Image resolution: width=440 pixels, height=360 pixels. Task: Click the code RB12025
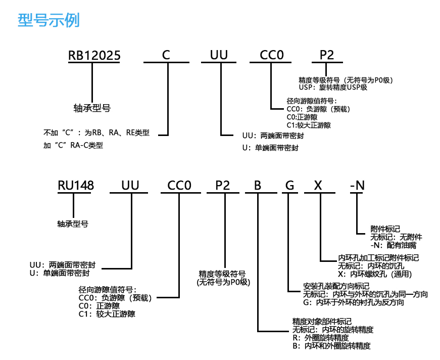94,55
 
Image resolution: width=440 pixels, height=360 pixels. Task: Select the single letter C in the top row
166,55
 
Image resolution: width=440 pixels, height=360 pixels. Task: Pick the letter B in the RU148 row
258,186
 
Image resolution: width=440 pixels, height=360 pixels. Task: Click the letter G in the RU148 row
289,186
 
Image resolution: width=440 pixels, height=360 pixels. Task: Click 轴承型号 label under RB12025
92,108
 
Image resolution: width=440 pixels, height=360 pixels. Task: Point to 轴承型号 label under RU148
74,222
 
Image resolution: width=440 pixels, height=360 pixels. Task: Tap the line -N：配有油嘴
394,245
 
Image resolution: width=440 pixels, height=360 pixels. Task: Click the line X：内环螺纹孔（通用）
375,274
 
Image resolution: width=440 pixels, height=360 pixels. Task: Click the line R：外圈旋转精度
320,337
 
